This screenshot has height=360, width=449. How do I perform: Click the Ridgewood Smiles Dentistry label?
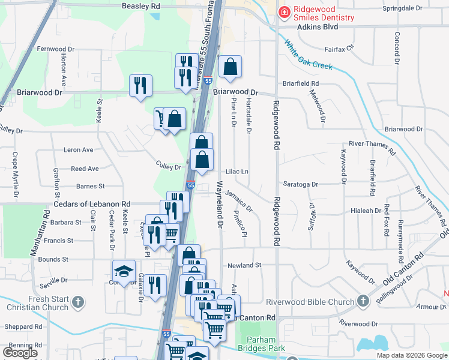coord(324,13)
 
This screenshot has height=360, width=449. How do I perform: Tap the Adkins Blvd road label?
coord(318,27)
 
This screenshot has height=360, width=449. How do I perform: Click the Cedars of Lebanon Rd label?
coord(92,204)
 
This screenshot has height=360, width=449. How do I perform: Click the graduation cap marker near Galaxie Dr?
coord(124,271)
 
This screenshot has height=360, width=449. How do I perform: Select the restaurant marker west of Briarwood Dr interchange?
coord(141,85)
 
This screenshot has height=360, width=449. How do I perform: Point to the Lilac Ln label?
coord(237,171)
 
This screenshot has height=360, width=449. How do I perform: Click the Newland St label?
coord(245,265)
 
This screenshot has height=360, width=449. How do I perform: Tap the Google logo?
coord(20,353)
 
